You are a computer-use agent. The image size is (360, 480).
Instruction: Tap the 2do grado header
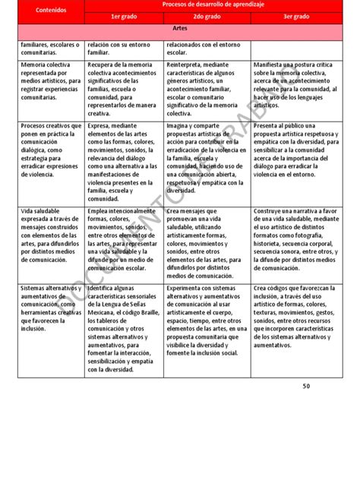[207, 16]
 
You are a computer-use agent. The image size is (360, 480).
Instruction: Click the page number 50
[306, 407]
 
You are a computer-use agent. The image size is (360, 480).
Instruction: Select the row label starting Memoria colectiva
[51, 82]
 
